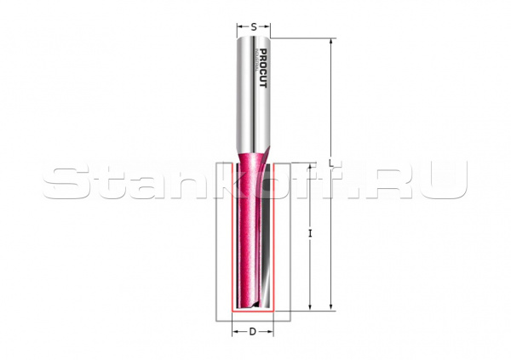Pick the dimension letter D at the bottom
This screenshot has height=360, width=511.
pyautogui.click(x=253, y=332)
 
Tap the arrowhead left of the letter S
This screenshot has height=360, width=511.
pyautogui.click(x=241, y=26)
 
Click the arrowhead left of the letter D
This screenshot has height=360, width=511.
pyautogui.click(x=237, y=332)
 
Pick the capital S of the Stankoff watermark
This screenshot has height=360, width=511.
pyautogui.click(x=64, y=180)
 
